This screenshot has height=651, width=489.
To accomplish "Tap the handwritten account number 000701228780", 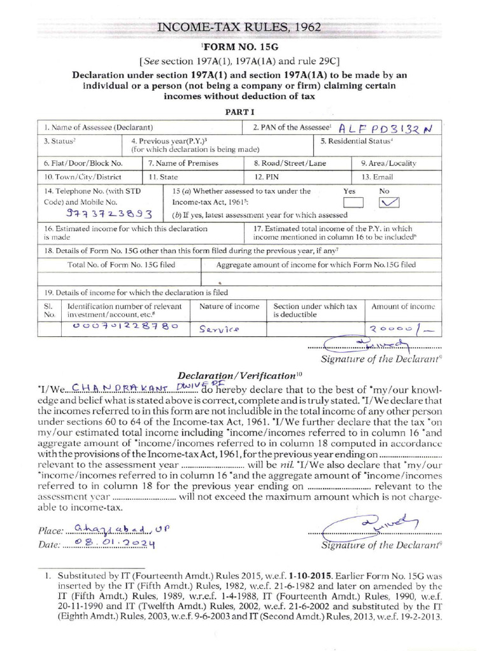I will pyautogui.click(x=122, y=326).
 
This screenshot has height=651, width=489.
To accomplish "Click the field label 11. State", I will pyautogui.click(x=162, y=177).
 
